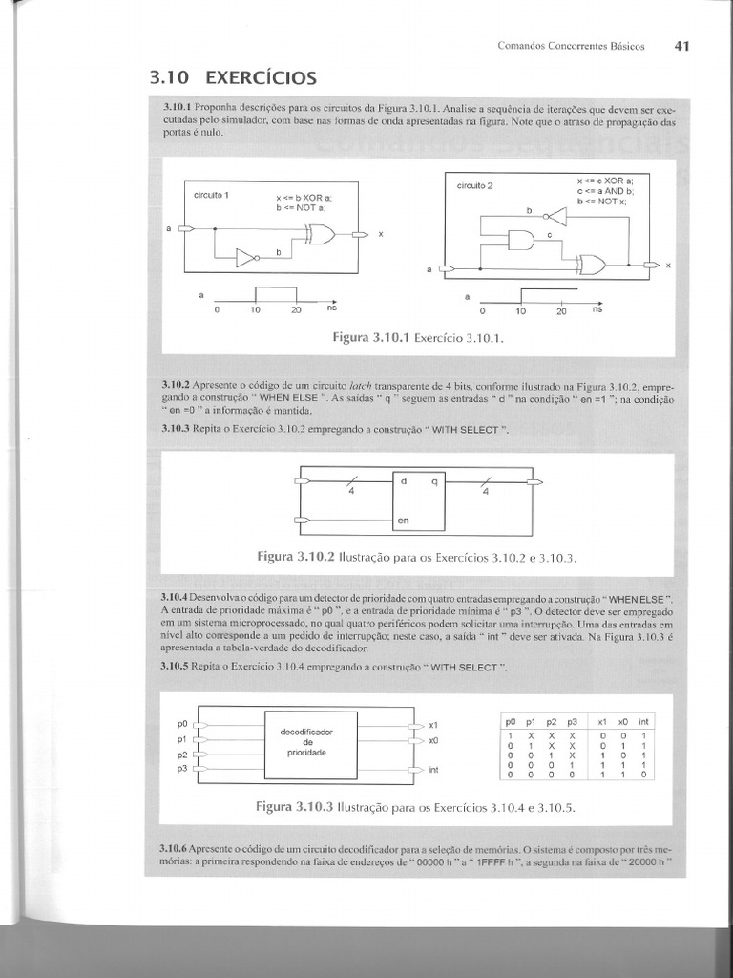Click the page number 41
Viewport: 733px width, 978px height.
pyautogui.click(x=681, y=45)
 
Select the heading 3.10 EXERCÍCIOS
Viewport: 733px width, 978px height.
pyautogui.click(x=233, y=77)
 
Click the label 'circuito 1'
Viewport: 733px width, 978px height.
pyautogui.click(x=211, y=195)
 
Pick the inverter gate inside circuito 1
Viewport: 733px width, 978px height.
pyautogui.click(x=247, y=258)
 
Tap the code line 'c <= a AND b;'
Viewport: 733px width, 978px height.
pyautogui.click(x=603, y=190)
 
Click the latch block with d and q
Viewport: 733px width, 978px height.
pyautogui.click(x=420, y=500)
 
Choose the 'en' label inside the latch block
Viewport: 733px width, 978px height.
pyautogui.click(x=404, y=521)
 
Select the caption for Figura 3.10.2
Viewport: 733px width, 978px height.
pyautogui.click(x=418, y=556)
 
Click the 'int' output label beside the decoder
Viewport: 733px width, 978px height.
pyautogui.click(x=434, y=769)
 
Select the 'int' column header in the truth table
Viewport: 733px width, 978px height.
pyautogui.click(x=643, y=722)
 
